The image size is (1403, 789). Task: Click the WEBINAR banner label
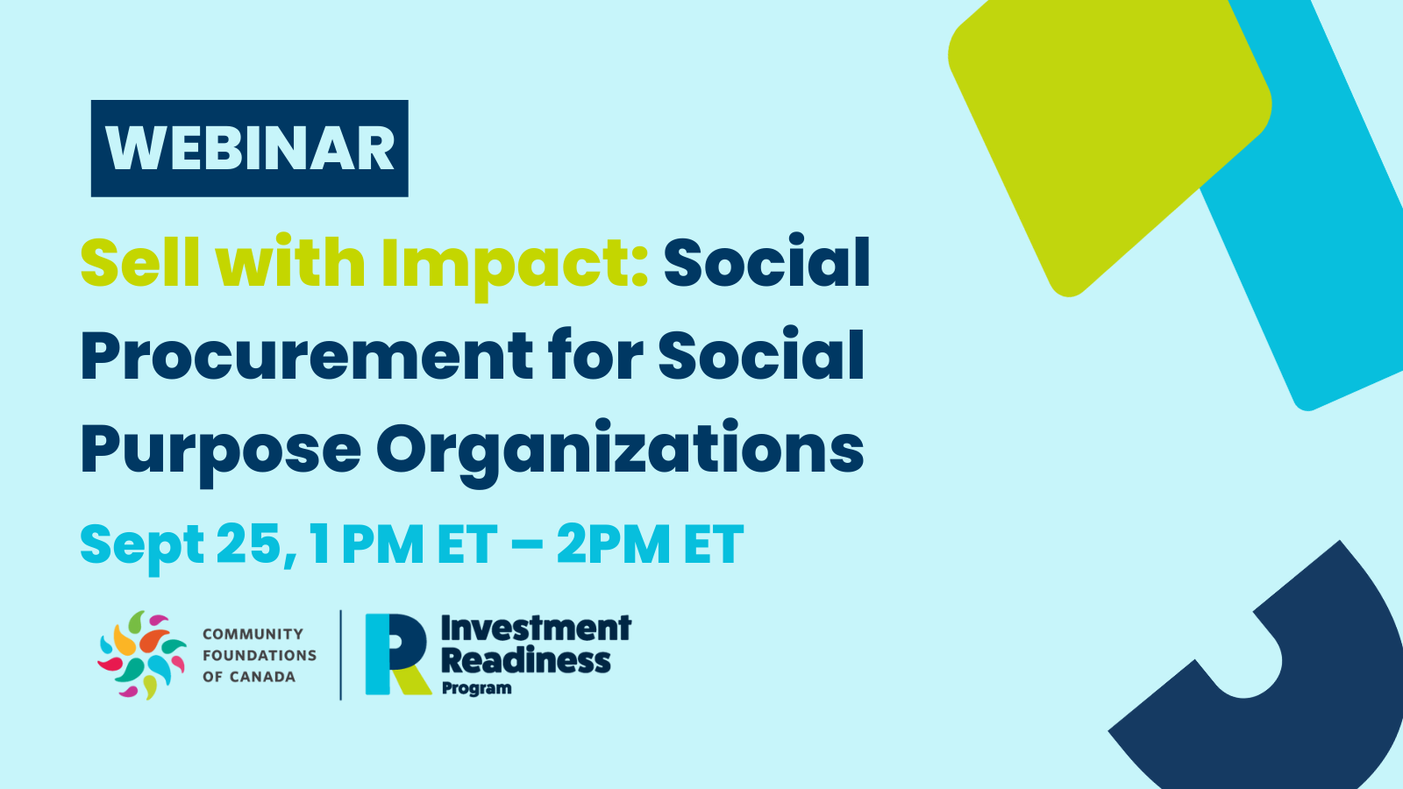249,148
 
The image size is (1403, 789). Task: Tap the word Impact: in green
514,267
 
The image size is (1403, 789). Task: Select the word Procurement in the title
306,356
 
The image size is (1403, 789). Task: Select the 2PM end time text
613,544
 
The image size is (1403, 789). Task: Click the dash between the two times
527,545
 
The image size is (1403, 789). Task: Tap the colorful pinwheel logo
142,655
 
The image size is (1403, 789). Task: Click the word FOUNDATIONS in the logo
260,656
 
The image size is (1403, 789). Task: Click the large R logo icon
397,654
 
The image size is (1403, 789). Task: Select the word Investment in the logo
536,629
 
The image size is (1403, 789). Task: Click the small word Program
477,688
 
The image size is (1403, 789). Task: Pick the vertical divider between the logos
341,655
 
